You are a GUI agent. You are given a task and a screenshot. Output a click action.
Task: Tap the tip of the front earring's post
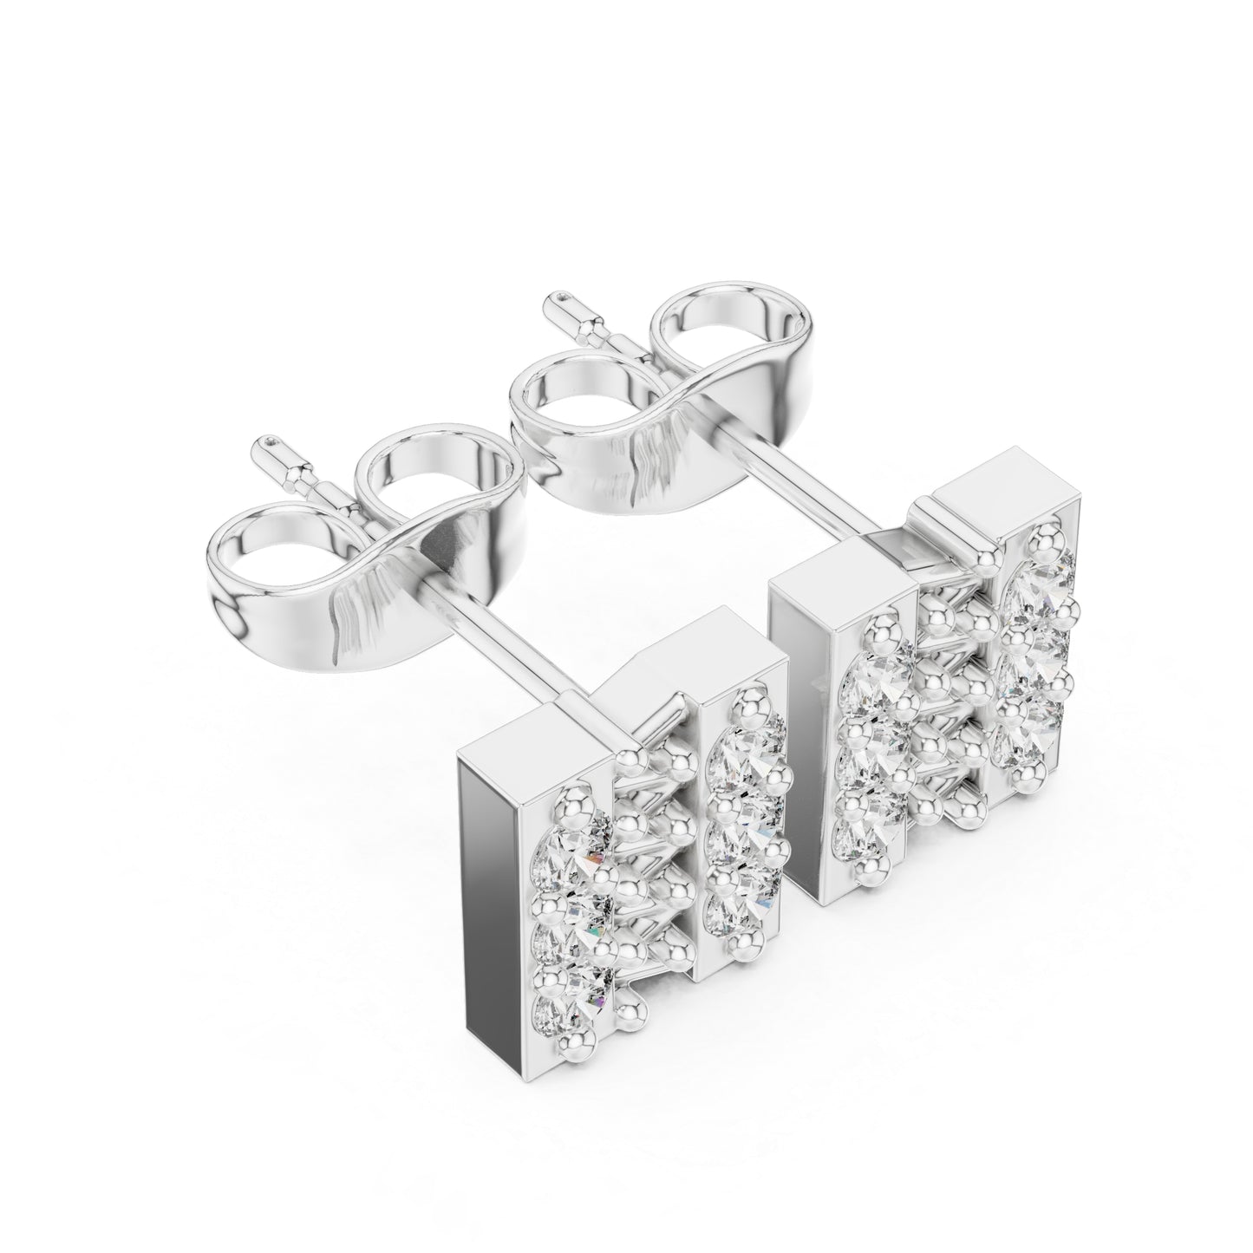(271, 443)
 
